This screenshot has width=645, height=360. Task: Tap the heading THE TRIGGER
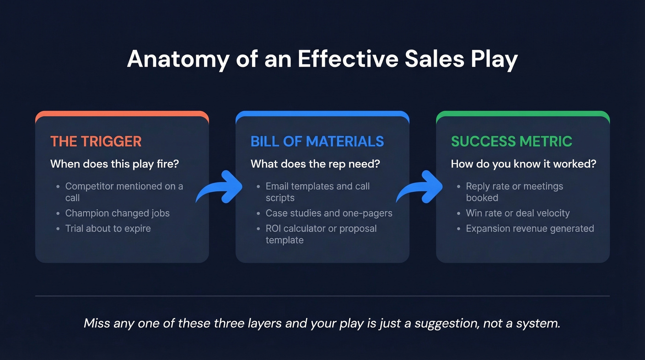[x=96, y=142]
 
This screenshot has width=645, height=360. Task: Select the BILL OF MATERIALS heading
[x=317, y=142]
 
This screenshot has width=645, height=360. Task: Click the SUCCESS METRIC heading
[x=511, y=142]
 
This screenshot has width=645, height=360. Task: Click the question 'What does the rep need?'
[x=315, y=164]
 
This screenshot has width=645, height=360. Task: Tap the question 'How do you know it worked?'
[x=523, y=164]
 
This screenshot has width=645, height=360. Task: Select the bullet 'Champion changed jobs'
[x=117, y=213]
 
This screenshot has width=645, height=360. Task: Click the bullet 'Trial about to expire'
[x=108, y=228]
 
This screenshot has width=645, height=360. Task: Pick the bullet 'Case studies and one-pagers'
[x=329, y=213]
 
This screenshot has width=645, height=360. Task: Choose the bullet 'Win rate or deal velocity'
[x=517, y=213]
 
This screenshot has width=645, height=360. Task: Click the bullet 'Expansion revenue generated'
[x=530, y=228]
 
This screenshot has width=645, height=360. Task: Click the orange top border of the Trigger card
[x=122, y=113]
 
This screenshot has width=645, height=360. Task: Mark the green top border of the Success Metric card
[x=523, y=113]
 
